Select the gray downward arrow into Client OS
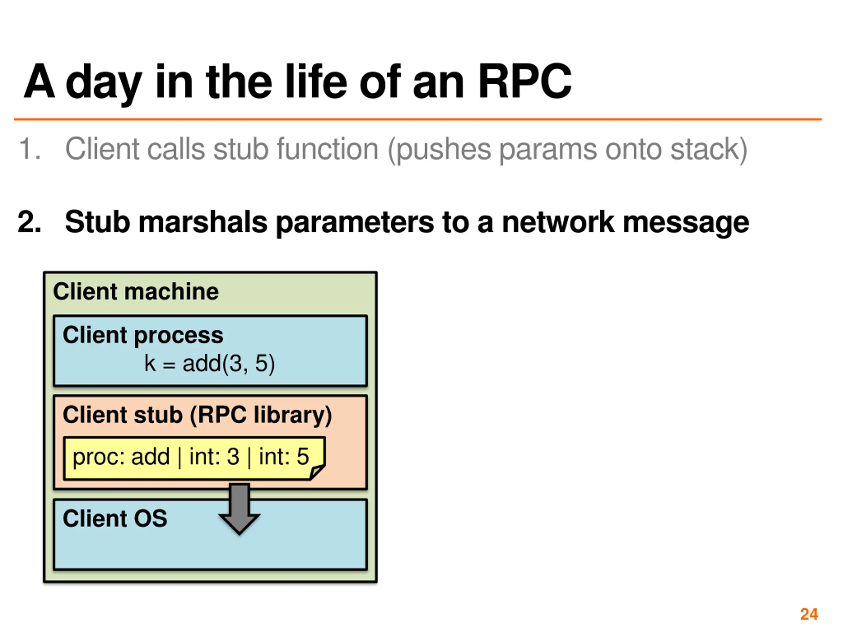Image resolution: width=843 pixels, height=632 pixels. [x=239, y=509]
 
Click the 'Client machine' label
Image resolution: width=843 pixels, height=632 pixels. [x=136, y=292]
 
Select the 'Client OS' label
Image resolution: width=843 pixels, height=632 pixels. [x=115, y=518]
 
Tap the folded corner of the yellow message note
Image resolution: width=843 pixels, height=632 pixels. [x=317, y=472]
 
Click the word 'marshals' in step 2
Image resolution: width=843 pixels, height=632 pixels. [x=203, y=222]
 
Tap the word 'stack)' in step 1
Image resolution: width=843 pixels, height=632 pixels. [x=708, y=149]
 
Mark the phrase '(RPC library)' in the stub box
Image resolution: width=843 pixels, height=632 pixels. [x=261, y=415]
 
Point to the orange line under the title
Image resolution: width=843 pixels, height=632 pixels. [x=418, y=119]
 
